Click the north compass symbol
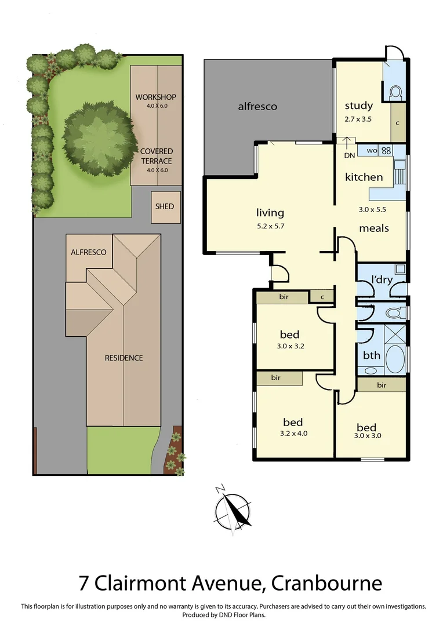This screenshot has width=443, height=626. pyautogui.click(x=233, y=508)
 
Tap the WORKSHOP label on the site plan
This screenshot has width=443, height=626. pyautogui.click(x=156, y=97)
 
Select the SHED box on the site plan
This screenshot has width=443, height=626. pyautogui.click(x=164, y=206)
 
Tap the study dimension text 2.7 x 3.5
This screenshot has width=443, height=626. pyautogui.click(x=358, y=118)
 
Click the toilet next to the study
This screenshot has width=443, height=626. pyautogui.click(x=397, y=92)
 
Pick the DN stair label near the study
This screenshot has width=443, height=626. pyautogui.click(x=350, y=155)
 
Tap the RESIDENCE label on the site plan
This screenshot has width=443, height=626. pyautogui.click(x=124, y=358)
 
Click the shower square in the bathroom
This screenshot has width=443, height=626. pyautogui.click(x=395, y=336)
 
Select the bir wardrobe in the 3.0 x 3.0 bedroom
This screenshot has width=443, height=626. pyautogui.click(x=382, y=385)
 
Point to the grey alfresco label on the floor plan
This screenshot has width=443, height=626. pyautogui.click(x=257, y=106)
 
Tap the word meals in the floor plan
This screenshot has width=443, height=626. pyautogui.click(x=374, y=228)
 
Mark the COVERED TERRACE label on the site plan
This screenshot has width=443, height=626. pyautogui.click(x=156, y=156)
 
